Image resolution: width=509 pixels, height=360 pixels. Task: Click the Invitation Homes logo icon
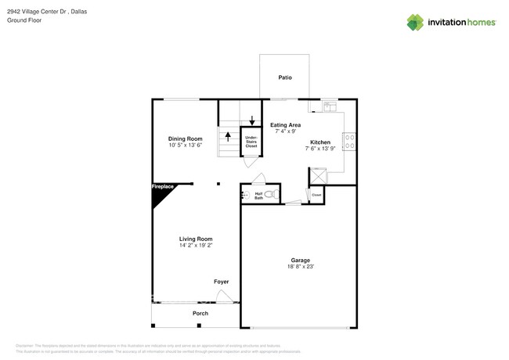415,23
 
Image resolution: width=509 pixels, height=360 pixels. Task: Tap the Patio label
285,77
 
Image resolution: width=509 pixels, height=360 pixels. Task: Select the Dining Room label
185,139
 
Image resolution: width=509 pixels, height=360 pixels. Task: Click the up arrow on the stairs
228,137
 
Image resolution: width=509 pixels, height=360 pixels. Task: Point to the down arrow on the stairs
251,121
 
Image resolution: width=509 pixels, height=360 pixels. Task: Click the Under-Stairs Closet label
251,142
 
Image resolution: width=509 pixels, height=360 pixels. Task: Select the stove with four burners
349,142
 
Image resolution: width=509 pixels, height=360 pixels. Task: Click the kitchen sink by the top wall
330,105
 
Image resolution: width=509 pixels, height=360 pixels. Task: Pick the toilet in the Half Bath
269,194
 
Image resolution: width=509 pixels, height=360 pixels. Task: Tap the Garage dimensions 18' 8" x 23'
301,267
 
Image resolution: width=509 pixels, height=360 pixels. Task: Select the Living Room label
196,239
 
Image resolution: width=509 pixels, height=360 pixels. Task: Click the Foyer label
222,282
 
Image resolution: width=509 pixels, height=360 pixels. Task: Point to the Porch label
200,314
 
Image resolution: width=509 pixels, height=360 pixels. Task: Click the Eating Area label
285,125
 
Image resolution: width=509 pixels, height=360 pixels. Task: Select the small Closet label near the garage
316,195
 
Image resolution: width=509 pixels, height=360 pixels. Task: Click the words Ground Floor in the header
24,20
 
